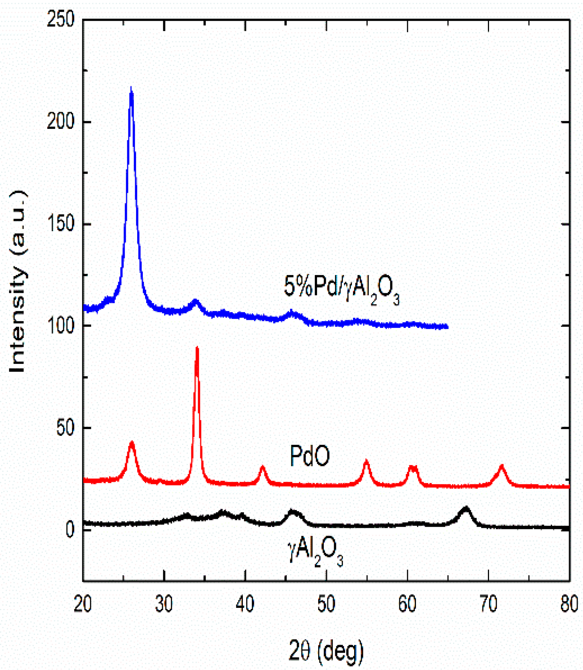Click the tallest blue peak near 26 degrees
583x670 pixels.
tap(131, 89)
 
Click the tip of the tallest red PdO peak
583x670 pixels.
tap(197, 348)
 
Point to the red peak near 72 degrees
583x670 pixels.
tap(502, 466)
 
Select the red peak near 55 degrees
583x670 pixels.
tap(366, 461)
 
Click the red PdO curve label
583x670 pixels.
tap(309, 456)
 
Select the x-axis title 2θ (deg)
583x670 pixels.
tap(326, 650)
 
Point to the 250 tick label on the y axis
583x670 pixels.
tap(60, 19)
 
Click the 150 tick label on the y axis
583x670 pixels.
tap(60, 223)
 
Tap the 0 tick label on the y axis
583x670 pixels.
tap(70, 529)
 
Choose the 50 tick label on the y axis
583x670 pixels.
tap(65, 427)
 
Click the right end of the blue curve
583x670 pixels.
tap(447, 327)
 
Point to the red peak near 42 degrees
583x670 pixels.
tap(263, 468)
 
